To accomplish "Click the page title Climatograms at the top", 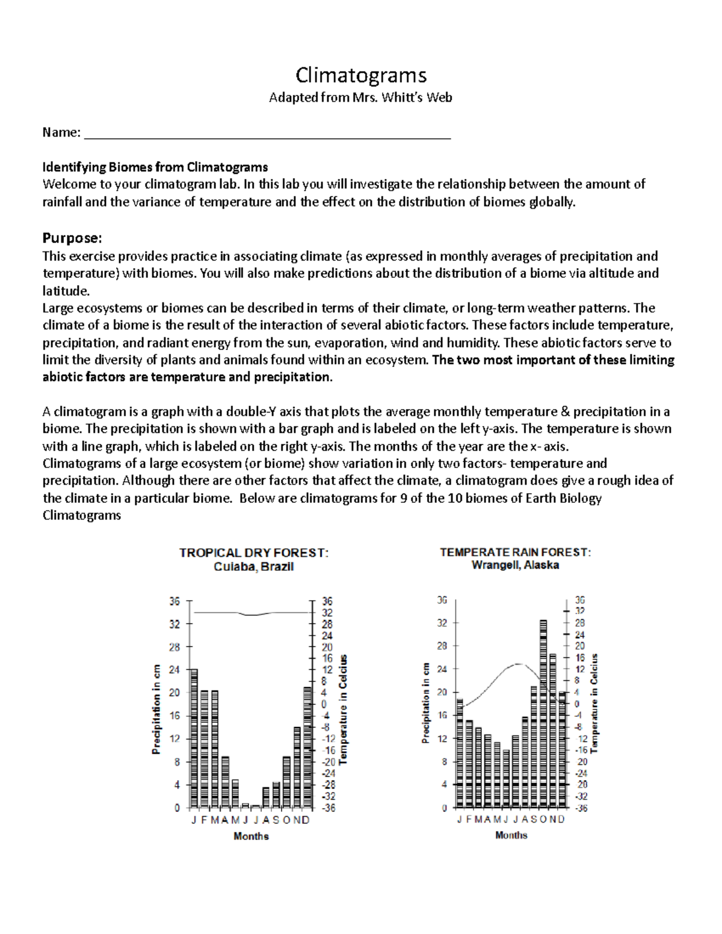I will (361, 75).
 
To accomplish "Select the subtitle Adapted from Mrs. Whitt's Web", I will (360, 97).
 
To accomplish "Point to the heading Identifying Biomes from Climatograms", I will (155, 167).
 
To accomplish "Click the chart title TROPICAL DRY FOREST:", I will (254, 553).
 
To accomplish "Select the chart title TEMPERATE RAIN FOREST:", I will (515, 552).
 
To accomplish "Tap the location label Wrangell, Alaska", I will (515, 565).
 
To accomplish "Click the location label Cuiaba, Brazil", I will (254, 567).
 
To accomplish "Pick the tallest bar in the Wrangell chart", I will (543, 713).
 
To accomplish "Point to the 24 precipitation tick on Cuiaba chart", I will (174, 670).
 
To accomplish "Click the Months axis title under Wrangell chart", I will (511, 835).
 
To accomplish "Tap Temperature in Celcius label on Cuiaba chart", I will (344, 710).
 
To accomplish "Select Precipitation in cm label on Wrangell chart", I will (426, 704).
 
